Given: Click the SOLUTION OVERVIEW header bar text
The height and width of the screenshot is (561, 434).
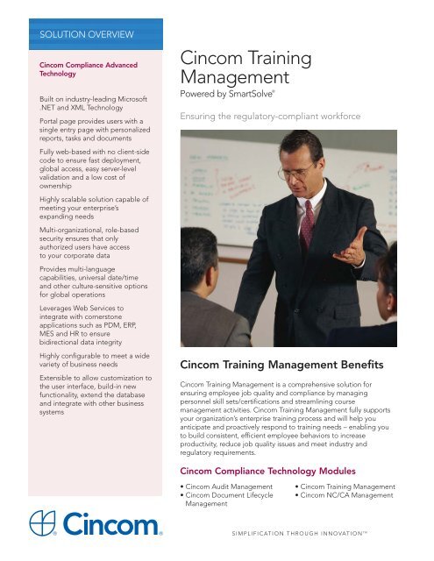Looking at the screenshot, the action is [80, 35].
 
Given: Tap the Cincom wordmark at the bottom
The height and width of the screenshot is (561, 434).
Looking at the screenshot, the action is [116, 526].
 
